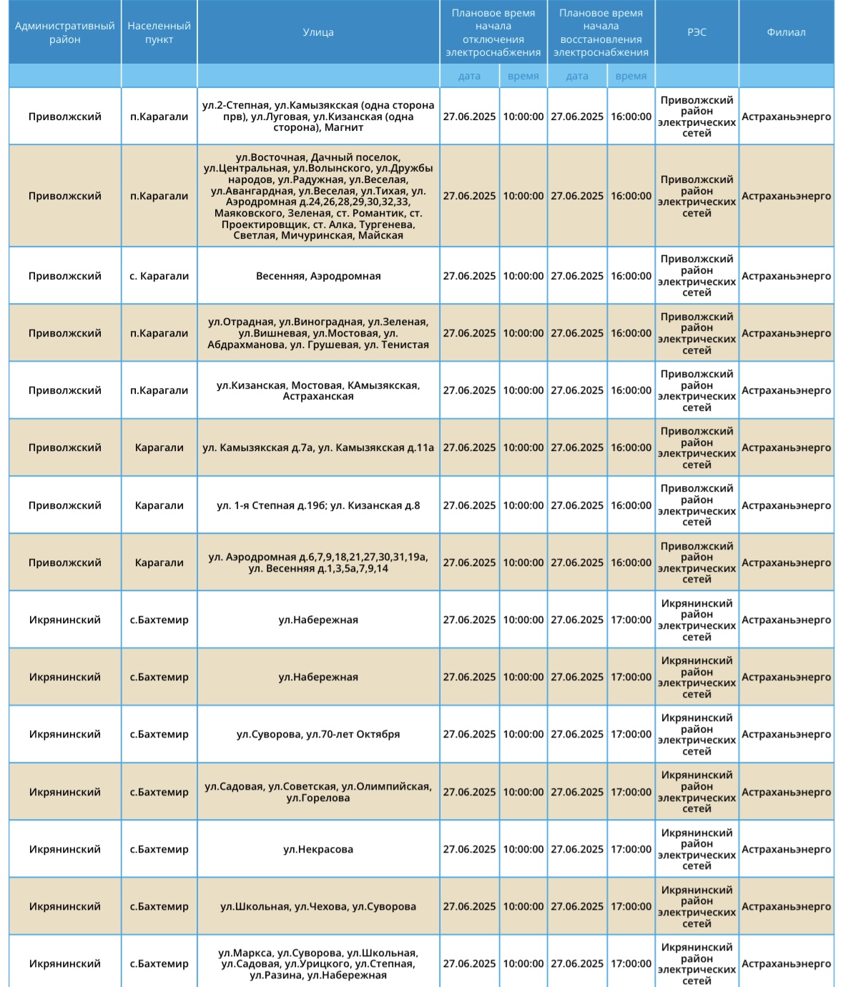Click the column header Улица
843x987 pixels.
[318, 32]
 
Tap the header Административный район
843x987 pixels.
[65, 32]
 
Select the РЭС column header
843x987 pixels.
[696, 32]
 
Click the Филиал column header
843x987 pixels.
[786, 32]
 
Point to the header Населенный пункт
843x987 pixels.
[159, 32]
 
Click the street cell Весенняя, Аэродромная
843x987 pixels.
[318, 276]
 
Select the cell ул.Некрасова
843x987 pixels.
[318, 849]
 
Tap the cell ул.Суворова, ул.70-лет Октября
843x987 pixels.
[318, 734]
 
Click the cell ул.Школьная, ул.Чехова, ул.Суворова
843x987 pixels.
[318, 906]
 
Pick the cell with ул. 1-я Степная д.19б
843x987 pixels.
[318, 505]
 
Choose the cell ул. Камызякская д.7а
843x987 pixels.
[318, 447]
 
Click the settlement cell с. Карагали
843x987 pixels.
[159, 276]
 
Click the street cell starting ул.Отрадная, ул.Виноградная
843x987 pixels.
[318, 333]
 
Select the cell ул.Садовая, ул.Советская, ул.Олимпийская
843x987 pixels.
[318, 792]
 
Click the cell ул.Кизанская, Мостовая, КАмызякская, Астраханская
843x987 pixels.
[318, 390]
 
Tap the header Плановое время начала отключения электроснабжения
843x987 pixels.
[493, 32]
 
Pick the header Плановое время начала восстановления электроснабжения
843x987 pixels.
[601, 32]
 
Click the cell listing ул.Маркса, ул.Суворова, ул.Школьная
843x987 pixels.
[318, 963]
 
